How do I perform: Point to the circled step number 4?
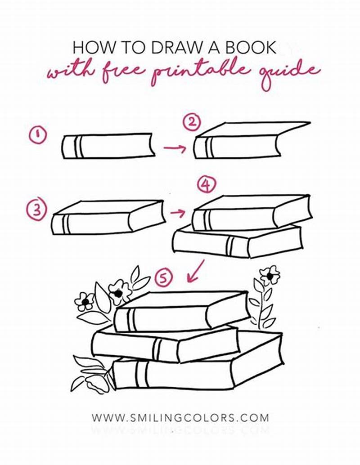pos(206,184)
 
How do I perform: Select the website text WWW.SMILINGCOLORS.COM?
pos(180,417)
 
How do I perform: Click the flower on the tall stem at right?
pos(270,274)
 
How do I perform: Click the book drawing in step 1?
pos(108,146)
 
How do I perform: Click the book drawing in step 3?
pos(108,217)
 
